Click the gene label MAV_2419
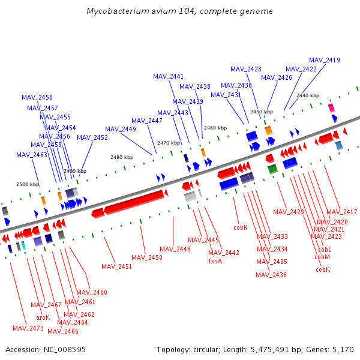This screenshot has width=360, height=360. (x=325, y=60)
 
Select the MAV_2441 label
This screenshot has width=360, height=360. (x=168, y=76)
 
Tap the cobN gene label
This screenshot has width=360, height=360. (x=241, y=228)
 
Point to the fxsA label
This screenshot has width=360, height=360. (x=215, y=261)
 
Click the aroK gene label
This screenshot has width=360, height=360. (x=43, y=317)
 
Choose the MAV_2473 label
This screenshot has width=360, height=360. (x=28, y=328)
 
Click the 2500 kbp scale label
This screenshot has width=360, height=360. (x=28, y=184)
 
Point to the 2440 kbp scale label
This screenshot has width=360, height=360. (x=308, y=95)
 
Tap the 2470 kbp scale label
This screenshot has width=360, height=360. (x=169, y=143)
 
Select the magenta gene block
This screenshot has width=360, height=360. (x=331, y=108)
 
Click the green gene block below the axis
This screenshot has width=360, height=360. (x=272, y=169)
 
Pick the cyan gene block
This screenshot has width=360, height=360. (x=23, y=245)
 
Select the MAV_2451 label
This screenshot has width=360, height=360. (x=116, y=266)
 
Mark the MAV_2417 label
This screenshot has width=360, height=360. (x=341, y=212)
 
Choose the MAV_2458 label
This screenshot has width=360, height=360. (x=37, y=97)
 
